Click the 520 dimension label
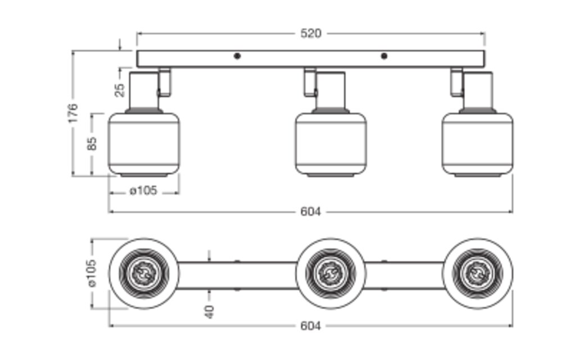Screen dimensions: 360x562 [x=310, y=34]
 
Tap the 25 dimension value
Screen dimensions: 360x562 [x=119, y=89]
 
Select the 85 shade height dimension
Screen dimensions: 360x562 [x=93, y=143]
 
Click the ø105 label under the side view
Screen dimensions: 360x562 [x=143, y=191]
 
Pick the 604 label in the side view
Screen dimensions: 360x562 [x=310, y=212]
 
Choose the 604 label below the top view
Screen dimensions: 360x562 [x=310, y=326]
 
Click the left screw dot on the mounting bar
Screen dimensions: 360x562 [x=237, y=56]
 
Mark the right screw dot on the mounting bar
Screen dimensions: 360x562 [x=384, y=56]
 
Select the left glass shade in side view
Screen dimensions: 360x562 [x=144, y=144]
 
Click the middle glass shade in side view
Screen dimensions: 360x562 [x=330, y=144]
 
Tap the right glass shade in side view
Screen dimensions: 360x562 [x=477, y=144]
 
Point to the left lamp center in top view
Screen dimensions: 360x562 [x=144, y=273]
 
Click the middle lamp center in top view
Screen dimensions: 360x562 [x=330, y=273]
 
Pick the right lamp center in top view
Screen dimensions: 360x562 [x=477, y=273]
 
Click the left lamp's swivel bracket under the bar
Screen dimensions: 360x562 [x=164, y=82]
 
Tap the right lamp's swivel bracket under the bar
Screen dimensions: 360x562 [x=456, y=82]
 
